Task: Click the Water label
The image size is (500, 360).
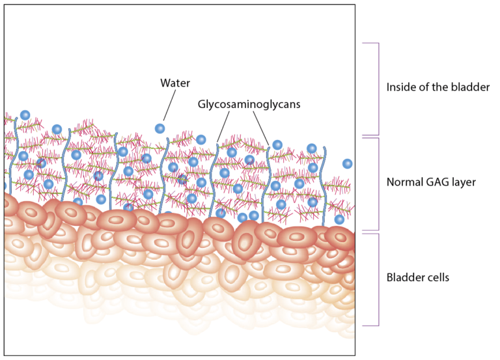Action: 175,83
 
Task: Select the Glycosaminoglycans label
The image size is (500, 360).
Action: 249,104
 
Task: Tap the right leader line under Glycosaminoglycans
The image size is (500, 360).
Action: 260,127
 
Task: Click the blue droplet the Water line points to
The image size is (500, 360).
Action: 160,128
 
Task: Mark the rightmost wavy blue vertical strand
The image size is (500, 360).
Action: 324,182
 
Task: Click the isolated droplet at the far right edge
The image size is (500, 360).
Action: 347,163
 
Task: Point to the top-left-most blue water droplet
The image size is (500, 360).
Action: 25,115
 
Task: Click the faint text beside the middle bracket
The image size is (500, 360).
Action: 430,184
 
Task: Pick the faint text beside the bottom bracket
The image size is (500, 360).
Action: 417,278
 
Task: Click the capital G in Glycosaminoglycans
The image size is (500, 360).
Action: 202,104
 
